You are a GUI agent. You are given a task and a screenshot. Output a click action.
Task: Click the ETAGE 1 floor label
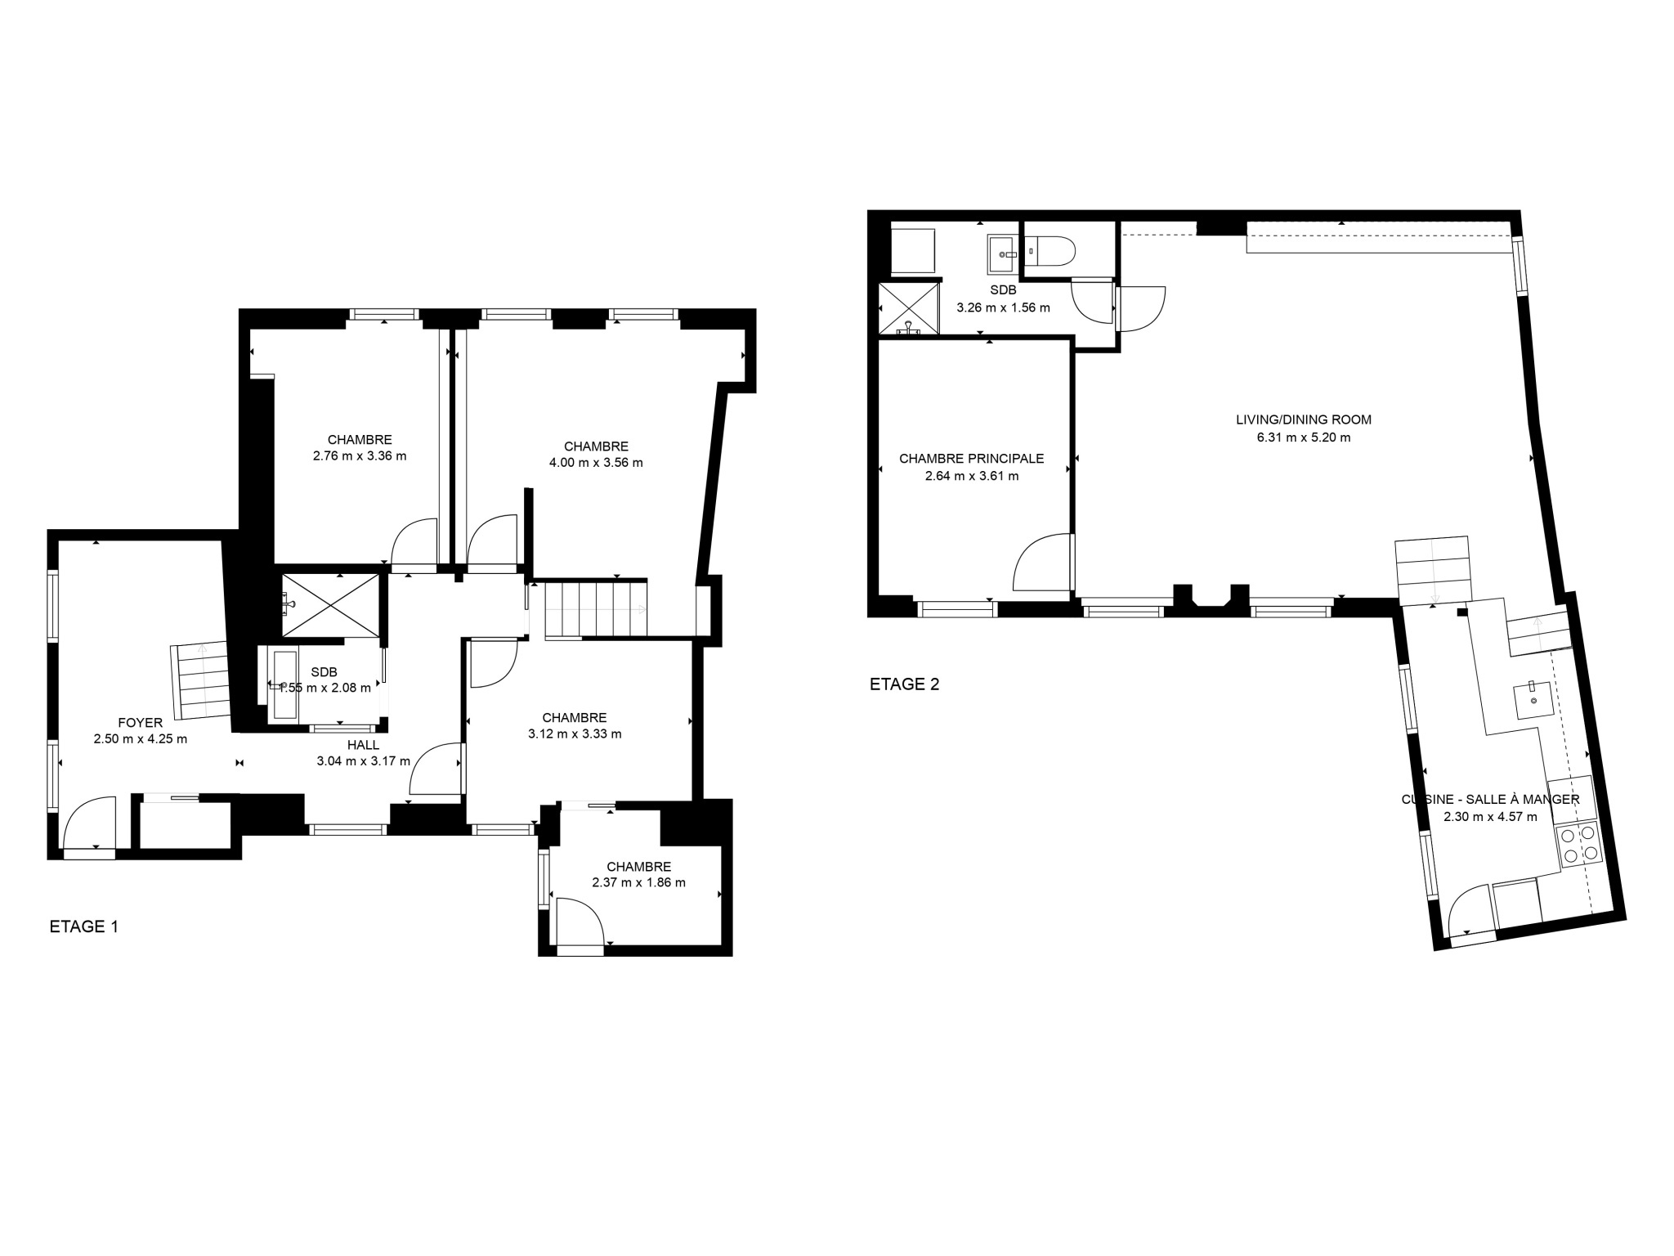pyautogui.click(x=84, y=926)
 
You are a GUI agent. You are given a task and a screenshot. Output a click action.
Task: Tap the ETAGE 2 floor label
pyautogui.click(x=904, y=684)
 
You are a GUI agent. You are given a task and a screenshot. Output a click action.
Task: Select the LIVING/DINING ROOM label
pyautogui.click(x=1304, y=419)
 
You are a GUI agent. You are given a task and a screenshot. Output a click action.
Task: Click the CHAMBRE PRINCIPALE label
pyautogui.click(x=972, y=459)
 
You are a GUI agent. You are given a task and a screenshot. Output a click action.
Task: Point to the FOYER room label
pyautogui.click(x=141, y=723)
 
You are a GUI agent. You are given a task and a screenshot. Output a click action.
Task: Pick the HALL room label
pyautogui.click(x=363, y=745)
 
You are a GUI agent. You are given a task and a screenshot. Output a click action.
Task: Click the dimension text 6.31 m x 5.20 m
pyautogui.click(x=1304, y=437)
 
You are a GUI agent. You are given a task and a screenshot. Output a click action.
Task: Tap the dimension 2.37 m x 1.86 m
pyautogui.click(x=639, y=882)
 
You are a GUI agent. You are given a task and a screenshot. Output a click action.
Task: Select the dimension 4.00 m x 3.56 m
pyautogui.click(x=596, y=463)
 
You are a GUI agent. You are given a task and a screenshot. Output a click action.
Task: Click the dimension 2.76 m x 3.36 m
pyautogui.click(x=360, y=456)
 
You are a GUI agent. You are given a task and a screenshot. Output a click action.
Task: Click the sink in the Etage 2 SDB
pyautogui.click(x=1003, y=254)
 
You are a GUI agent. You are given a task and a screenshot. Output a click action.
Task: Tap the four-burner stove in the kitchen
pyautogui.click(x=1579, y=845)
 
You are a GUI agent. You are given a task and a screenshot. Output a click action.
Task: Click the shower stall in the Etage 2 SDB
pyautogui.click(x=909, y=308)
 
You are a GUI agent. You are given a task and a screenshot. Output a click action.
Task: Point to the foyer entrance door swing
pyautogui.click(x=89, y=823)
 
